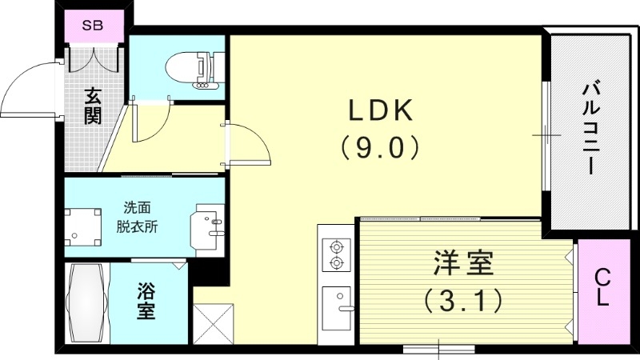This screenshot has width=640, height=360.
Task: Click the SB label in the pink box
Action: pyautogui.click(x=94, y=25)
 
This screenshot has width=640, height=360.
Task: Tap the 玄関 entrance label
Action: pyautogui.click(x=93, y=106)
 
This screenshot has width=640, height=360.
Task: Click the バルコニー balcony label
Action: pyautogui.click(x=590, y=128)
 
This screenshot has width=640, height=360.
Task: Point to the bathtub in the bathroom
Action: pyautogui.click(x=86, y=303)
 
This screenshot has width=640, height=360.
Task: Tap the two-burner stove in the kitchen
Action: pyautogui.click(x=337, y=254)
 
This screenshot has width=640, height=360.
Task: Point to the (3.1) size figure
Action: pyautogui.click(x=463, y=300)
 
